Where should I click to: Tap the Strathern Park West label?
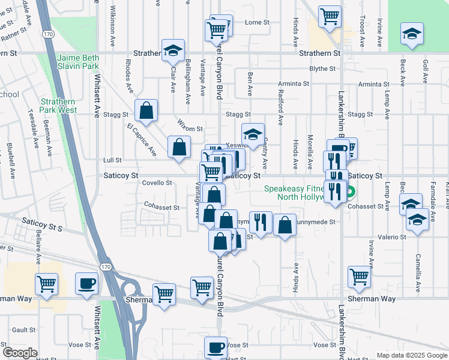(x=58, y=106)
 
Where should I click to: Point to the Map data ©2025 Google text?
(x=411, y=355)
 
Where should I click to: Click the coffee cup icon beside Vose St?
(x=215, y=347)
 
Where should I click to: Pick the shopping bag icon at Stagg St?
(x=146, y=110)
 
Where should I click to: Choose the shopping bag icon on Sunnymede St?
(x=285, y=225)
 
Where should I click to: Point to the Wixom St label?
(x=190, y=128)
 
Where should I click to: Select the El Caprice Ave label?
(x=142, y=140)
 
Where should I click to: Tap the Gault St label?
(x=24, y=330)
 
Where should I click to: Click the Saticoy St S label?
(x=42, y=226)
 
